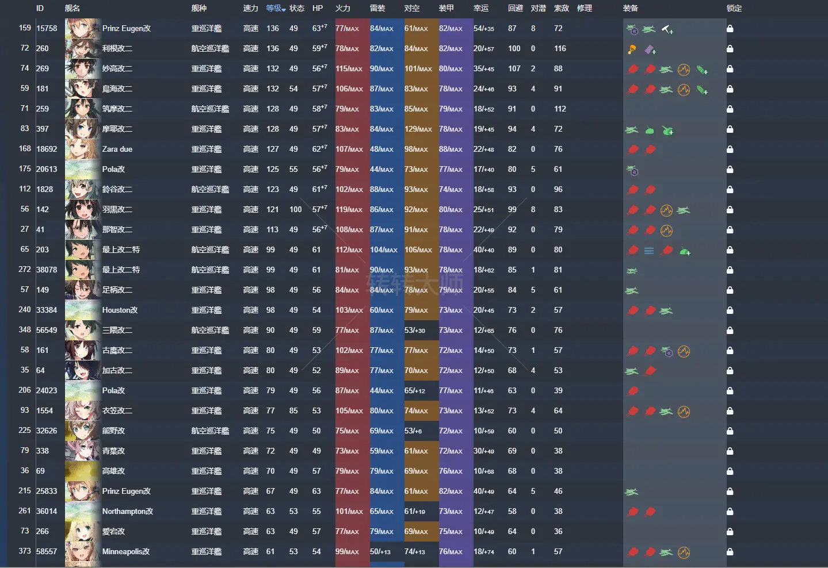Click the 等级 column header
pyautogui.click(x=274, y=8)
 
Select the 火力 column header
pyautogui.click(x=343, y=8)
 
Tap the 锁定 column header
pyautogui.click(x=734, y=8)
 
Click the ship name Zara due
pyautogui.click(x=117, y=149)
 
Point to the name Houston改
pyautogui.click(x=120, y=310)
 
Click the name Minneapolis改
pyautogui.click(x=126, y=551)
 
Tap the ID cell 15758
pyautogui.click(x=47, y=28)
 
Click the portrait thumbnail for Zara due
pyautogui.click(x=82, y=149)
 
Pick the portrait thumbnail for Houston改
pyautogui.click(x=82, y=310)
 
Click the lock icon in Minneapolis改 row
pyautogui.click(x=730, y=552)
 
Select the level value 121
pyautogui.click(x=273, y=209)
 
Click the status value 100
pyautogui.click(x=296, y=209)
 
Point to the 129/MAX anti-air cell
pyautogui.click(x=418, y=129)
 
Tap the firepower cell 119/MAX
pyautogui.click(x=349, y=209)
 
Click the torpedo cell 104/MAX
pyautogui.click(x=384, y=250)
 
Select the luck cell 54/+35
pyautogui.click(x=484, y=28)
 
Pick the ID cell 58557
pyautogui.click(x=47, y=551)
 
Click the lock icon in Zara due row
pyautogui.click(x=730, y=149)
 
